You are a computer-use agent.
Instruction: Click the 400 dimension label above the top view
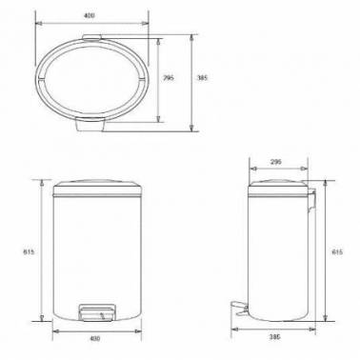(x=90, y=15)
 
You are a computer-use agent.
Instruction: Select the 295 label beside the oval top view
(x=169, y=77)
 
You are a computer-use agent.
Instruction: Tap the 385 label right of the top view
(x=203, y=77)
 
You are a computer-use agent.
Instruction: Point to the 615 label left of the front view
(x=29, y=252)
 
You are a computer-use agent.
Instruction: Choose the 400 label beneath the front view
(x=95, y=338)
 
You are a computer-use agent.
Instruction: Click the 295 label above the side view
(x=276, y=162)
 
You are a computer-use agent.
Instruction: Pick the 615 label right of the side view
(x=337, y=252)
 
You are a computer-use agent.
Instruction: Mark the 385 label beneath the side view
(x=275, y=337)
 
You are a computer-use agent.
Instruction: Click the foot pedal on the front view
(x=96, y=312)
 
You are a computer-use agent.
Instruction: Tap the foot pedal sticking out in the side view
(x=239, y=308)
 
